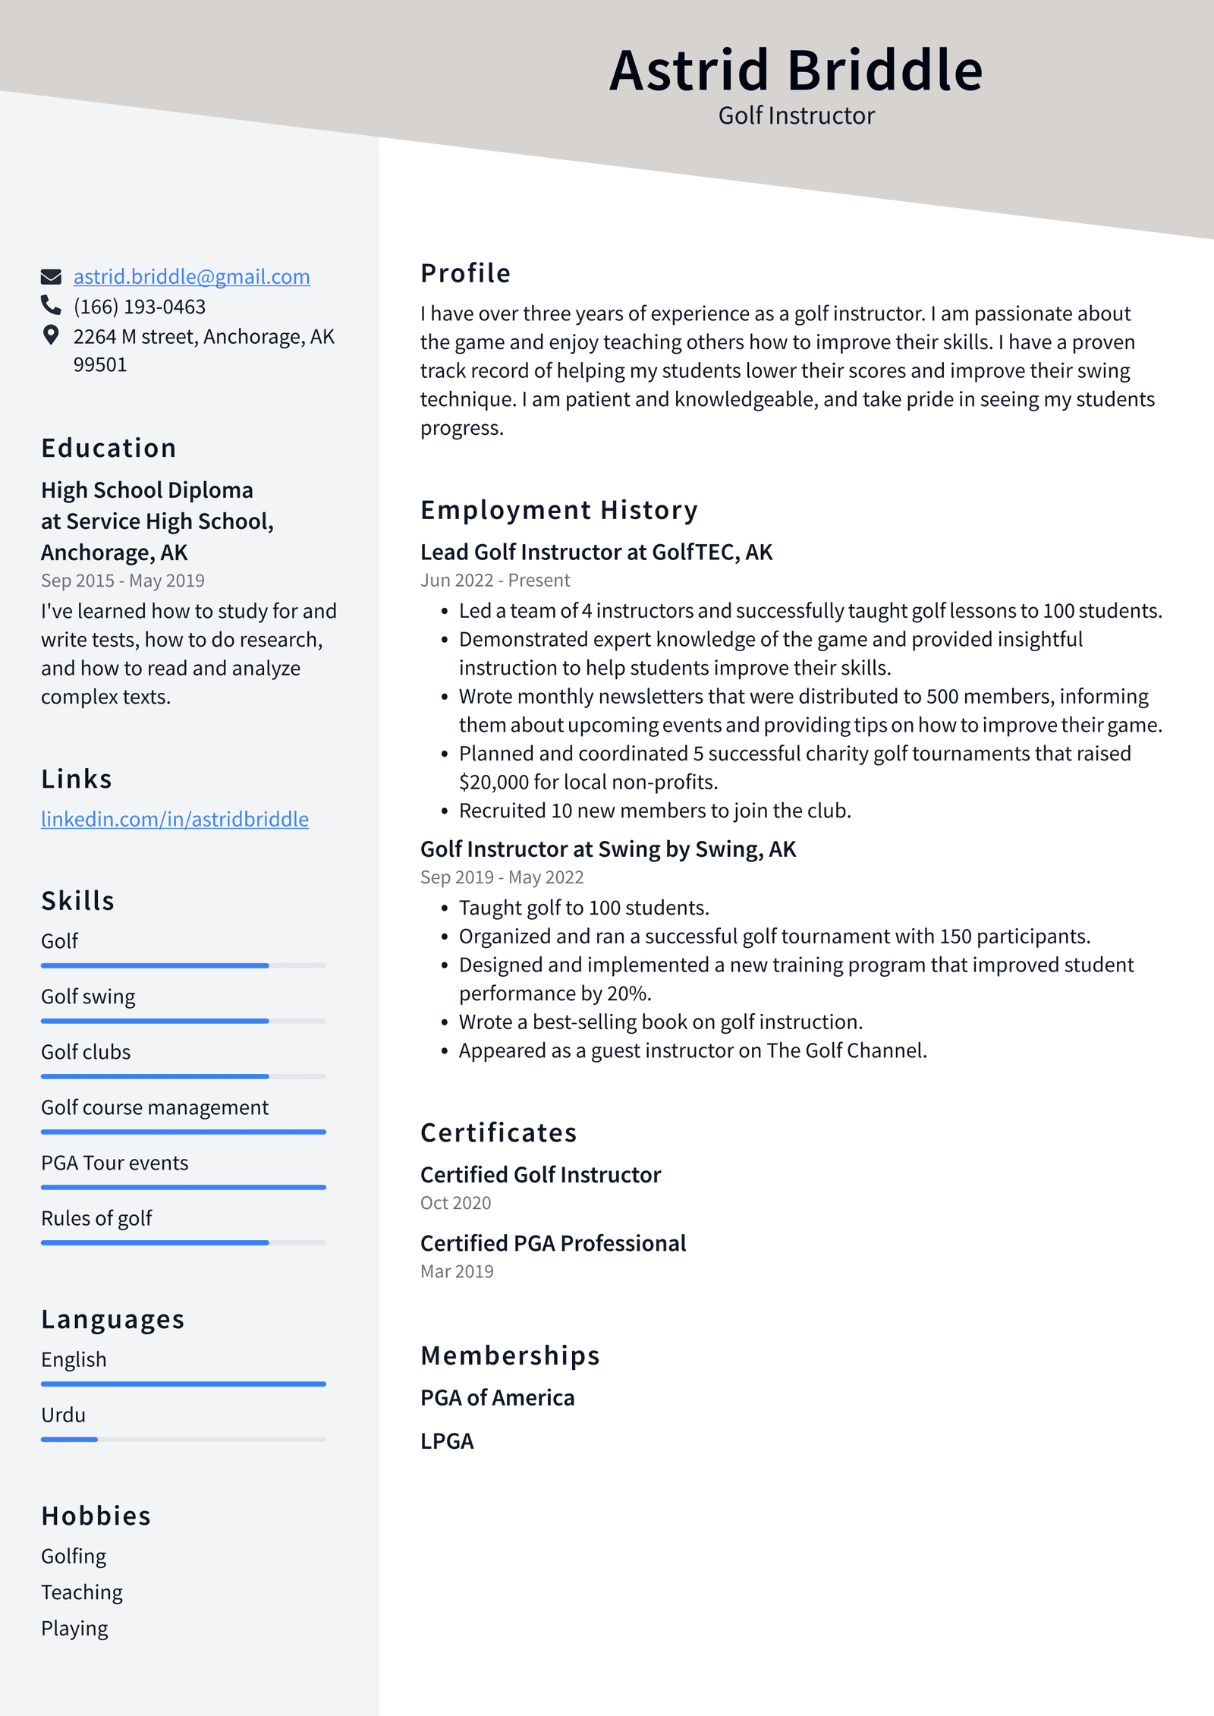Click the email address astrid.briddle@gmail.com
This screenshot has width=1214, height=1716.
pyautogui.click(x=191, y=276)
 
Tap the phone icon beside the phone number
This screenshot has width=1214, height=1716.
pyautogui.click(x=51, y=305)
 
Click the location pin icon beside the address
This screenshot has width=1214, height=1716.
pyautogui.click(x=51, y=335)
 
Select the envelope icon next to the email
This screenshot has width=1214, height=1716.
pyautogui.click(x=51, y=276)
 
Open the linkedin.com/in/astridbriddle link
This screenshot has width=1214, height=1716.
pyautogui.click(x=175, y=819)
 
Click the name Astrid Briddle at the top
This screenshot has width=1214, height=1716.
pyautogui.click(x=796, y=70)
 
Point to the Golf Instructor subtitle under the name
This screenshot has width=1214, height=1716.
pyautogui.click(x=796, y=115)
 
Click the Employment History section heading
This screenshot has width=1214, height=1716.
pyautogui.click(x=558, y=510)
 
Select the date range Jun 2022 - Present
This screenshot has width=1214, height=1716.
pyautogui.click(x=495, y=581)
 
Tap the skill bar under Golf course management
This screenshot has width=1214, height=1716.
pyautogui.click(x=183, y=1132)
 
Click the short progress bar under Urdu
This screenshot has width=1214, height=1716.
pyautogui.click(x=69, y=1439)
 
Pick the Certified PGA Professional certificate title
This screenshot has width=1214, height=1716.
pyautogui.click(x=552, y=1243)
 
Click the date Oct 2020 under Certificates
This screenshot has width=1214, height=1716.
pyautogui.click(x=455, y=1203)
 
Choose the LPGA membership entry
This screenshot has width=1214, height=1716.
pyautogui.click(x=447, y=1441)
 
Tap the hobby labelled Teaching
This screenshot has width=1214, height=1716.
pyautogui.click(x=82, y=1592)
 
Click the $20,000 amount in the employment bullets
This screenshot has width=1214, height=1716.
pyautogui.click(x=494, y=782)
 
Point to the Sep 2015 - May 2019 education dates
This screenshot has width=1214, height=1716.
pyautogui.click(x=123, y=581)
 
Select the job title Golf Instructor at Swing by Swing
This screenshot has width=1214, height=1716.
pyautogui.click(x=608, y=849)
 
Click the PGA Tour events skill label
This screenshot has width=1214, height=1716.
pyautogui.click(x=115, y=1163)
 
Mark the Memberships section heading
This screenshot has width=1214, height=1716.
pyautogui.click(x=510, y=1355)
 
